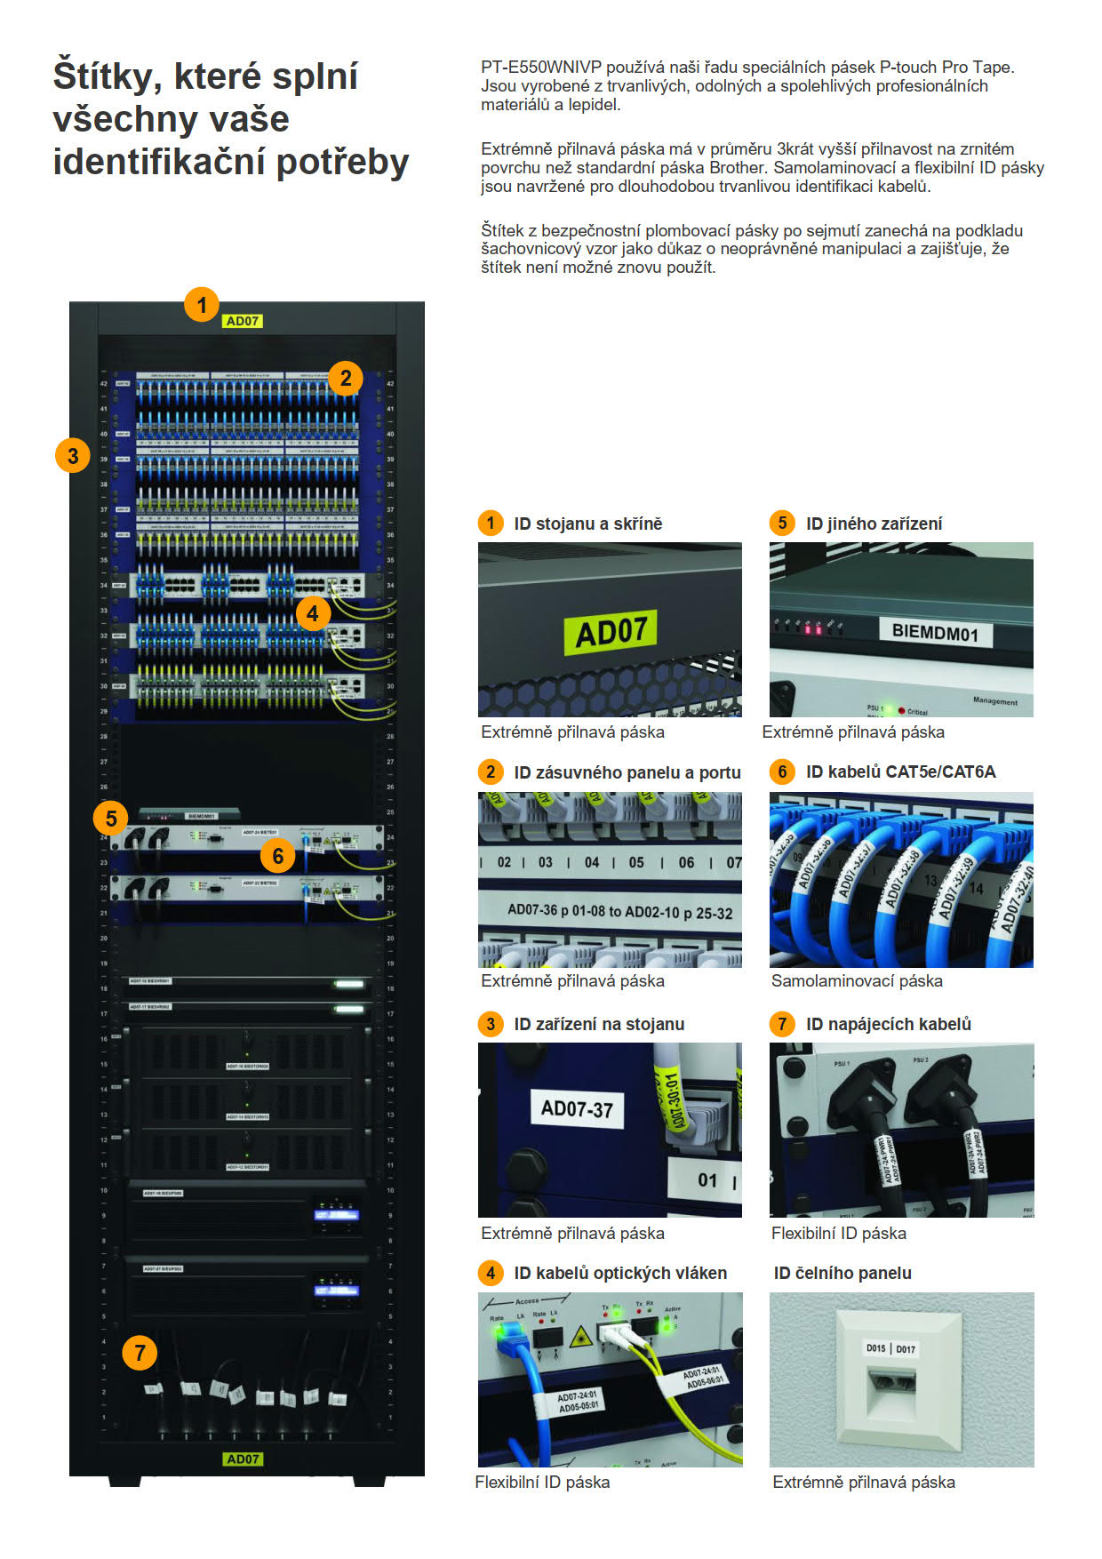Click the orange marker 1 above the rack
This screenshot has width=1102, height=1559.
tap(202, 305)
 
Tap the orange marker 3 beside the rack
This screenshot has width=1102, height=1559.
tap(73, 456)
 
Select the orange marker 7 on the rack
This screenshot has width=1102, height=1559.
tap(140, 1353)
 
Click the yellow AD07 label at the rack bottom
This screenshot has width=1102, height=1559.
tap(243, 1459)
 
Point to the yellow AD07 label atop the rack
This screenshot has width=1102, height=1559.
tap(243, 321)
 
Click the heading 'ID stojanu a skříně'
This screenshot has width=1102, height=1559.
tap(587, 524)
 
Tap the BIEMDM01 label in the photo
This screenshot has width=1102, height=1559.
tap(935, 632)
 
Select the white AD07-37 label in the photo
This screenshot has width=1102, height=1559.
tap(577, 1108)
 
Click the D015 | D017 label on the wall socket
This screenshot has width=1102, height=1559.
tap(890, 1348)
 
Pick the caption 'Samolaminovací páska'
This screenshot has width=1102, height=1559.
tap(857, 980)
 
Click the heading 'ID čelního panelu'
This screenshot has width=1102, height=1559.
tap(842, 1273)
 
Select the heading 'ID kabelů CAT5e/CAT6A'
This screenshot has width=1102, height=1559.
tap(900, 772)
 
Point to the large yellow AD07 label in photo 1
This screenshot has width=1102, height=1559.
tap(611, 632)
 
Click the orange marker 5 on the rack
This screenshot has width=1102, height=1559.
tap(111, 818)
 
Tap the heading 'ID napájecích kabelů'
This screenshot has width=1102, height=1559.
tap(888, 1024)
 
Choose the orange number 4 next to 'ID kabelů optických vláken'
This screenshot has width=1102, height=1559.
tap(490, 1273)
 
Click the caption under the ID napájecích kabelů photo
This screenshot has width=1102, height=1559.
tap(839, 1233)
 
